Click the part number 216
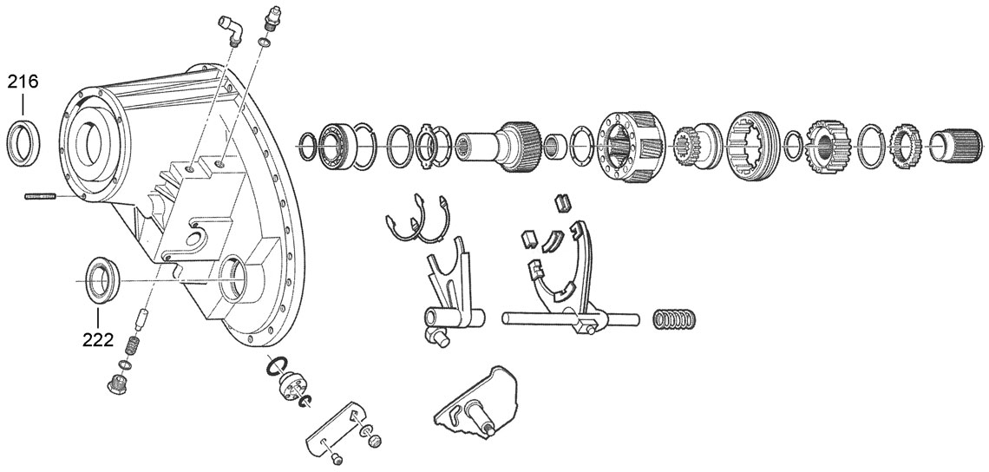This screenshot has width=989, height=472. click(23, 83)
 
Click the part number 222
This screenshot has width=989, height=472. click(98, 339)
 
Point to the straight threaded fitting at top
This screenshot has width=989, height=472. click(271, 20)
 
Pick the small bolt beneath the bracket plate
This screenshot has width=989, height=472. click(338, 458)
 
